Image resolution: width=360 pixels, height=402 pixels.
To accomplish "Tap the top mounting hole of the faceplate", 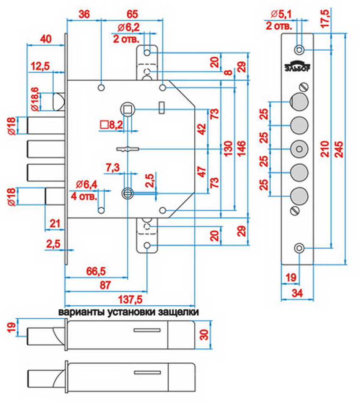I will [x=299, y=50].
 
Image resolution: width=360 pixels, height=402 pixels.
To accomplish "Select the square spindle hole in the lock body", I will [x=127, y=109].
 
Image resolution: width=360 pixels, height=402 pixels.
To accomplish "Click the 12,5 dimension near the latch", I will [x=41, y=66].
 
